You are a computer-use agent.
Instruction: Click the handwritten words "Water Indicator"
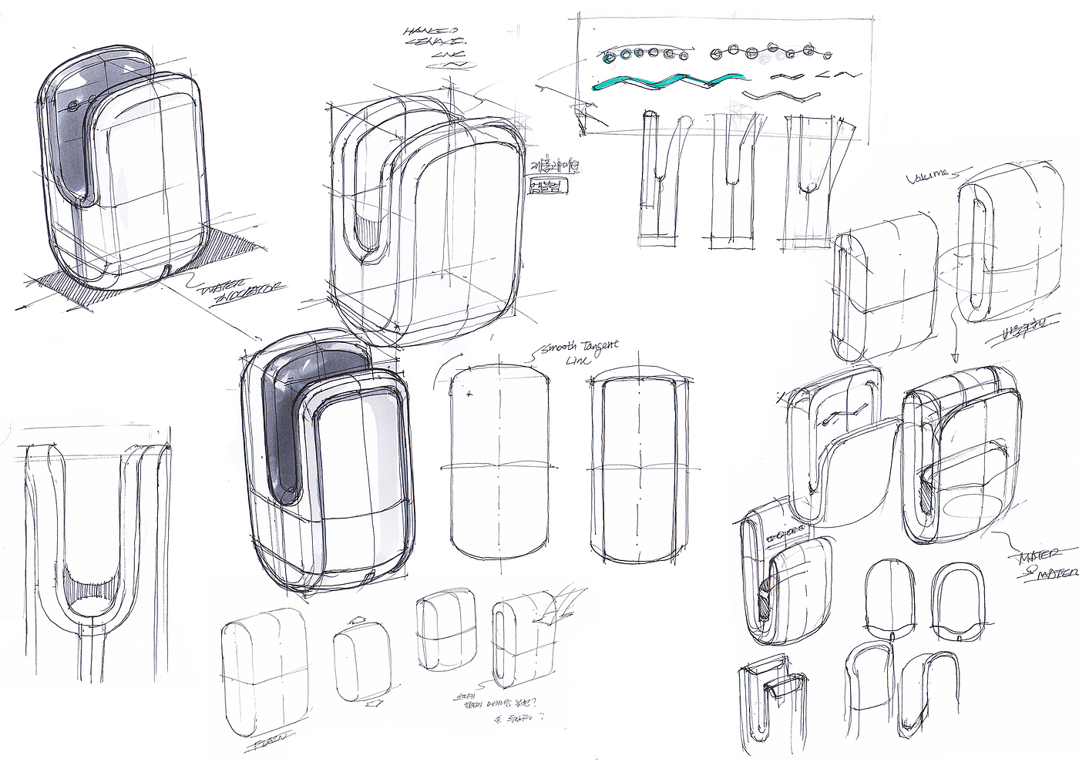coord(241,293)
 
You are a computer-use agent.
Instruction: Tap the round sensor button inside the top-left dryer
coord(73,105)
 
